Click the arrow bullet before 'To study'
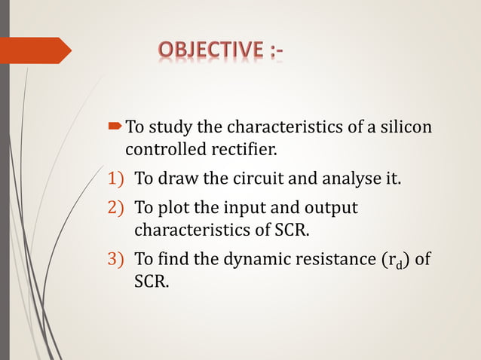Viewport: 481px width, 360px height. click(x=116, y=124)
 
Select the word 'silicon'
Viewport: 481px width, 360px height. click(x=406, y=125)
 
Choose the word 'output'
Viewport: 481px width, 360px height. click(x=331, y=208)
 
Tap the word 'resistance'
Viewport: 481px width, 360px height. click(x=338, y=260)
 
